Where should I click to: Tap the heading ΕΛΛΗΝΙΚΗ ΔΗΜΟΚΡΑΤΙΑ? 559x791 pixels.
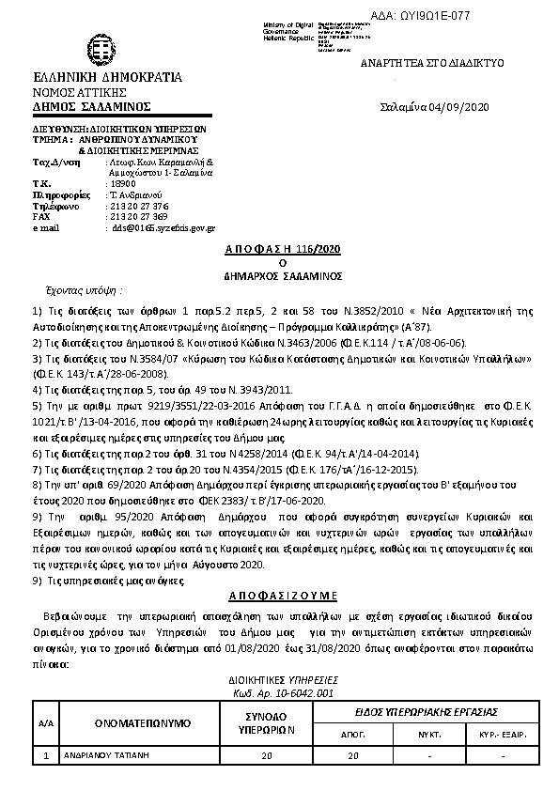click(x=107, y=77)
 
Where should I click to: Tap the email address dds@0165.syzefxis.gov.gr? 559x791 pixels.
click(x=164, y=227)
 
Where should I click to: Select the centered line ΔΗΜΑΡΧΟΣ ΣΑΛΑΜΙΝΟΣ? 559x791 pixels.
click(x=282, y=277)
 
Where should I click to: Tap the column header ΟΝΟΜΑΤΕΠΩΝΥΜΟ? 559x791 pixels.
click(x=143, y=722)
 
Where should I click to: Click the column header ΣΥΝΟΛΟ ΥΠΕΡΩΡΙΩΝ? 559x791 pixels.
click(x=266, y=722)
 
